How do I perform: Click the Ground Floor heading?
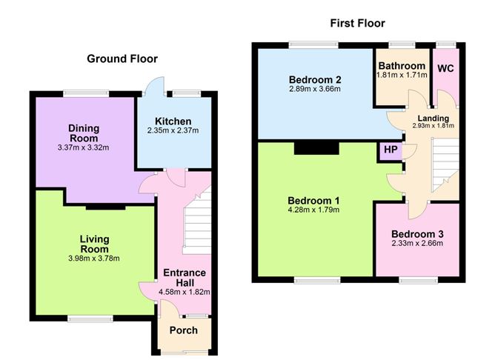click(122, 59)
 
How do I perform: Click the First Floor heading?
click(357, 24)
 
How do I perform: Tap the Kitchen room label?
click(173, 121)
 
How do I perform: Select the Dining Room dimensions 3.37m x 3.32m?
click(83, 147)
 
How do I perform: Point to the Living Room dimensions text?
click(94, 259)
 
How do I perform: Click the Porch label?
click(184, 330)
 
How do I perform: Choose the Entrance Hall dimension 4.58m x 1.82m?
click(185, 292)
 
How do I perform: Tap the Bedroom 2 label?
click(315, 79)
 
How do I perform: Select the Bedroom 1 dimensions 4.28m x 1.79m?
click(313, 210)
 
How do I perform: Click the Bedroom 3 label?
click(417, 234)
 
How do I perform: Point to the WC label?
click(445, 68)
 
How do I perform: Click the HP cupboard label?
click(391, 149)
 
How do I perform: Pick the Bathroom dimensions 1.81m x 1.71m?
click(402, 75)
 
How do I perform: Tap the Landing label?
click(433, 119)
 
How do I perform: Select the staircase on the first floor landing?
click(445, 164)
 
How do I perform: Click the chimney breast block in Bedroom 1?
click(316, 148)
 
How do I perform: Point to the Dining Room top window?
click(86, 93)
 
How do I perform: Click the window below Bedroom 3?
click(418, 280)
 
